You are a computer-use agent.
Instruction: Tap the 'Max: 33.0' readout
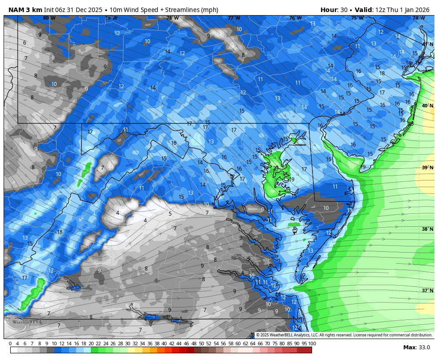pos(416,348)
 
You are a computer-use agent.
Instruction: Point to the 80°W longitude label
pos(49,18)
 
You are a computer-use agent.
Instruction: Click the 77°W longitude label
pos(234,18)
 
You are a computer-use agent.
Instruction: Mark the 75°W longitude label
pos(357,18)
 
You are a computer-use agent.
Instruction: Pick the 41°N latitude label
pos(427,44)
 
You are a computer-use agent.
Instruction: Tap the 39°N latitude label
pos(427,168)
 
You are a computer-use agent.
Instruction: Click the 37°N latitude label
pos(427,290)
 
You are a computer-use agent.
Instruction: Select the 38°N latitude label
pos(427,229)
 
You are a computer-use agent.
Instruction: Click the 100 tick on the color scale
pos(312,344)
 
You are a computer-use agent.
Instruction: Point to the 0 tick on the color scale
pos(10,344)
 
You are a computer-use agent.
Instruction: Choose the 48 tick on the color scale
pos(194,344)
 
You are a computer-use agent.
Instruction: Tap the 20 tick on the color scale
pos(91,344)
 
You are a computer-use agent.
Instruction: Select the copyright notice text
pos(344,335)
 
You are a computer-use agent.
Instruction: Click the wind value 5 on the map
pos(170,214)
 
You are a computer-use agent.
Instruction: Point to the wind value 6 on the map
pos(24,43)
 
